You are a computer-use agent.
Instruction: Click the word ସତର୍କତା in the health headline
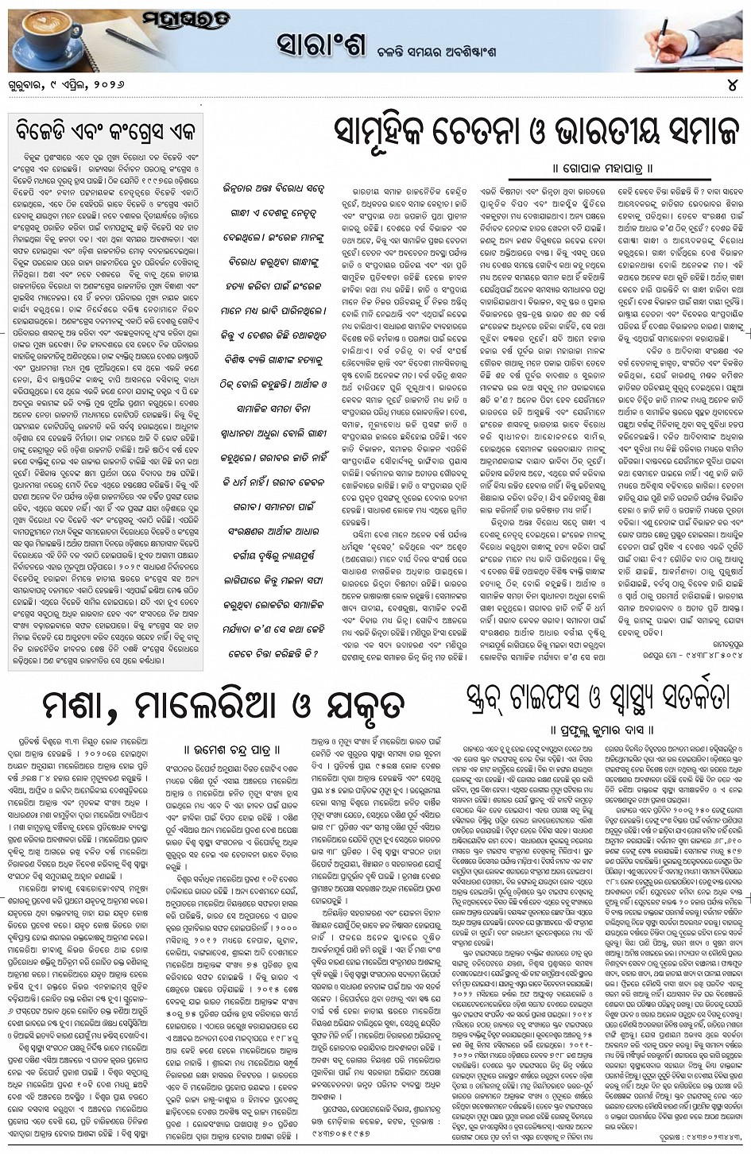tap(683, 695)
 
